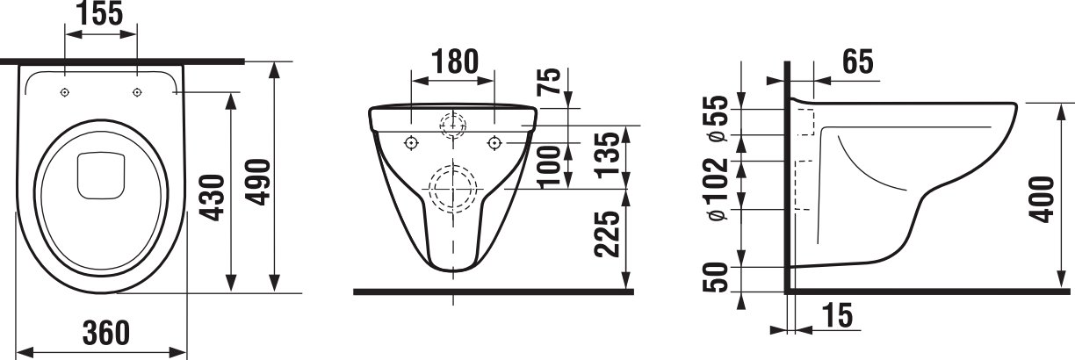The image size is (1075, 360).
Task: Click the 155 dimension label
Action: pyautogui.click(x=101, y=13)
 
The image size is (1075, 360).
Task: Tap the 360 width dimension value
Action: pyautogui.click(x=106, y=333)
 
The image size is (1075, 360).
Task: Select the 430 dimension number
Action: pyautogui.click(x=213, y=198)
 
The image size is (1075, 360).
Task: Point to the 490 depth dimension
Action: pyautogui.click(x=259, y=182)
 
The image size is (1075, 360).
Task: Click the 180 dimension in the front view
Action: pyautogui.click(x=454, y=61)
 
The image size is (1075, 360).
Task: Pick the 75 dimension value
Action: pyautogui.click(x=549, y=82)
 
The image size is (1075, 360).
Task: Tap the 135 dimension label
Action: pyautogui.click(x=609, y=155)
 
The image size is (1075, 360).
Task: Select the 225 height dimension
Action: pyautogui.click(x=607, y=234)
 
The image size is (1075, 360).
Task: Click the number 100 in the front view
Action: pyautogui.click(x=549, y=167)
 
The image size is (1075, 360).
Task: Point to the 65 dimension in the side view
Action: pyautogui.click(x=858, y=61)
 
